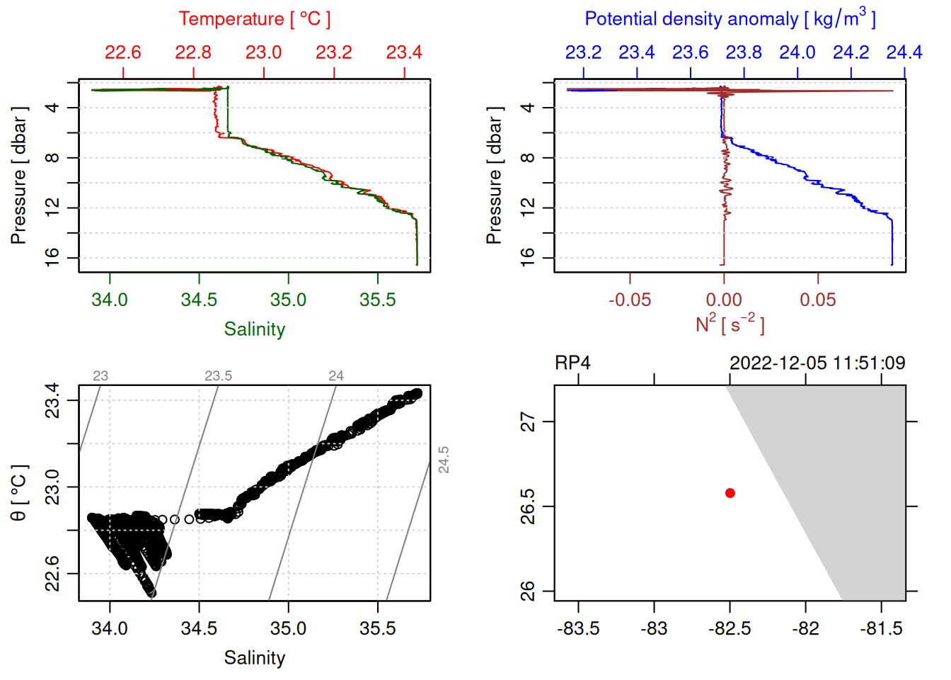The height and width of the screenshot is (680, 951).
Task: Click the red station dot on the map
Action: [730, 493]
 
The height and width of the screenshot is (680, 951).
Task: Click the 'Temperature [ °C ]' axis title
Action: [254, 19]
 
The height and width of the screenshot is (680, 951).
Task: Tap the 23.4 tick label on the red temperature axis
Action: [404, 52]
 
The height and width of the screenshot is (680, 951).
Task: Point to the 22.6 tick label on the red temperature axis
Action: [123, 52]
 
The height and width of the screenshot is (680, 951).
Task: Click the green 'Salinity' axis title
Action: [254, 329]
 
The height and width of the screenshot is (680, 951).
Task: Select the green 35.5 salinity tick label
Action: [377, 300]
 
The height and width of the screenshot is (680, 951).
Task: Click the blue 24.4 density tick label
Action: [904, 52]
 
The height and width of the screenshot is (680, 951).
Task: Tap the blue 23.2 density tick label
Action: [583, 52]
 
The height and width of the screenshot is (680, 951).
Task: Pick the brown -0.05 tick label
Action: [629, 300]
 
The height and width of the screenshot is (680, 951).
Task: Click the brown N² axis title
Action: [730, 324]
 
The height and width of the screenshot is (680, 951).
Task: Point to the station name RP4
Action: [572, 363]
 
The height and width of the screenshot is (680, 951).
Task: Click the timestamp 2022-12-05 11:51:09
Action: [817, 363]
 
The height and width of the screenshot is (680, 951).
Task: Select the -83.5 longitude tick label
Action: [578, 628]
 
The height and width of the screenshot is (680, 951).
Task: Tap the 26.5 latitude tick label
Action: [528, 506]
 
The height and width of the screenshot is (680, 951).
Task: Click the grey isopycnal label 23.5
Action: [218, 376]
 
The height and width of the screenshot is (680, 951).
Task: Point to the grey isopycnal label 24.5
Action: [444, 460]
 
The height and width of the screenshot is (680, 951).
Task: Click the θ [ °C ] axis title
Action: [19, 493]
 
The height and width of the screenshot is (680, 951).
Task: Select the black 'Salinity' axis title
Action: [254, 658]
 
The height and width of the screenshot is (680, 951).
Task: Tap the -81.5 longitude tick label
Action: [881, 628]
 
